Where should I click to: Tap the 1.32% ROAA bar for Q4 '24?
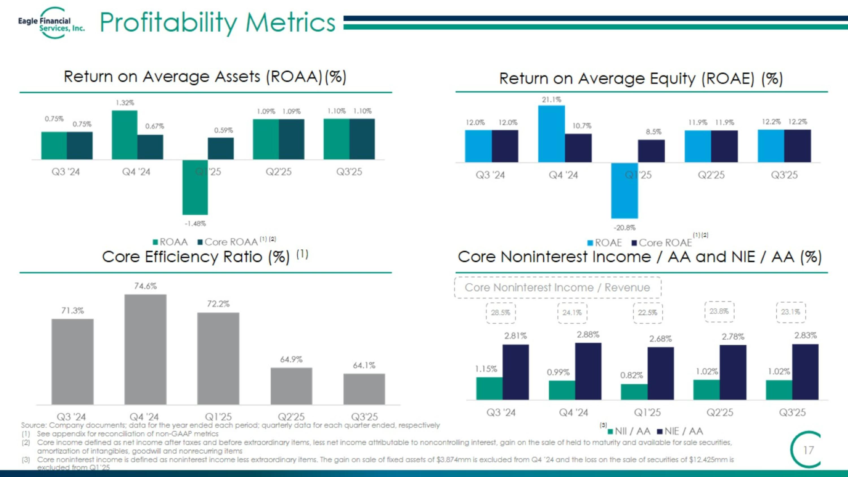point(124,135)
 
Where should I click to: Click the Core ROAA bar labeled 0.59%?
point(220,148)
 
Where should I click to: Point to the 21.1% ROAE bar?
point(551,134)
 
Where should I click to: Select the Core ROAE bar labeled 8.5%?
point(651,151)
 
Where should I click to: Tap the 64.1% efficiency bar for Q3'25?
point(364,389)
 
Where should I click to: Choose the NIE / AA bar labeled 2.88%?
point(588,371)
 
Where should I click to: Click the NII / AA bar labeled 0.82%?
point(634,392)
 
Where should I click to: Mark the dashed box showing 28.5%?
point(501,313)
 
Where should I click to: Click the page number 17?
point(808,450)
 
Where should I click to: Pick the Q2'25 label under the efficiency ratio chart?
point(291,417)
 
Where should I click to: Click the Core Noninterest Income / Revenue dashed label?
point(557,287)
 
